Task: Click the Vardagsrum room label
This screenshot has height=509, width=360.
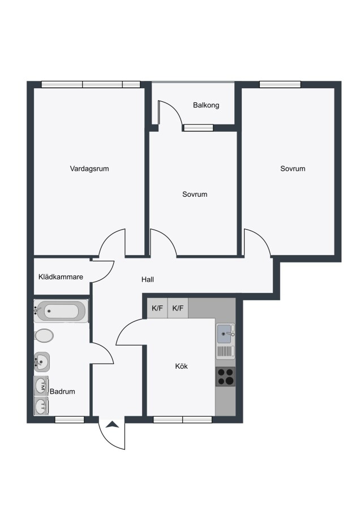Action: tap(89, 169)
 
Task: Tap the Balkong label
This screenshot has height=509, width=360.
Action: tap(206, 105)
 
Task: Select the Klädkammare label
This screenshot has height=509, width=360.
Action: tap(61, 277)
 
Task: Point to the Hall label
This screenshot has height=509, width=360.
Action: tap(148, 279)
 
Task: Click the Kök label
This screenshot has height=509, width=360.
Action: tap(181, 366)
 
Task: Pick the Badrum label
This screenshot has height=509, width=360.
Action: tap(62, 391)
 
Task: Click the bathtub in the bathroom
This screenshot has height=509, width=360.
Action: tap(61, 311)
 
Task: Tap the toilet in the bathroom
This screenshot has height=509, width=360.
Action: tap(44, 335)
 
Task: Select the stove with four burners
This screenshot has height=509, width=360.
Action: tap(225, 377)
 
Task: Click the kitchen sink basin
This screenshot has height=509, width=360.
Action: tap(224, 334)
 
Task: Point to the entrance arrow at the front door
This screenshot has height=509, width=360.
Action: tap(112, 424)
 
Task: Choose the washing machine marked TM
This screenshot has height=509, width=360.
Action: tap(41, 386)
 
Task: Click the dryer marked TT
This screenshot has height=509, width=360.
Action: tap(41, 405)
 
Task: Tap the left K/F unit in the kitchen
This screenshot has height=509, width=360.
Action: tap(157, 308)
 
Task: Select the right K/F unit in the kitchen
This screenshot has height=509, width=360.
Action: tap(178, 308)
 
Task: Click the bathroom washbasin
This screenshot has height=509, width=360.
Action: tap(42, 361)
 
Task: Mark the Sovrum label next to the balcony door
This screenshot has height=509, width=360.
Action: tap(195, 195)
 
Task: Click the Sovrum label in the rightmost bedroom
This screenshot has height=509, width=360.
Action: tap(293, 169)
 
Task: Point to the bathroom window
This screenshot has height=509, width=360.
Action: tap(70, 420)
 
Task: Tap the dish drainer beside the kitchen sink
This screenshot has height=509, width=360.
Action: tap(225, 352)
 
